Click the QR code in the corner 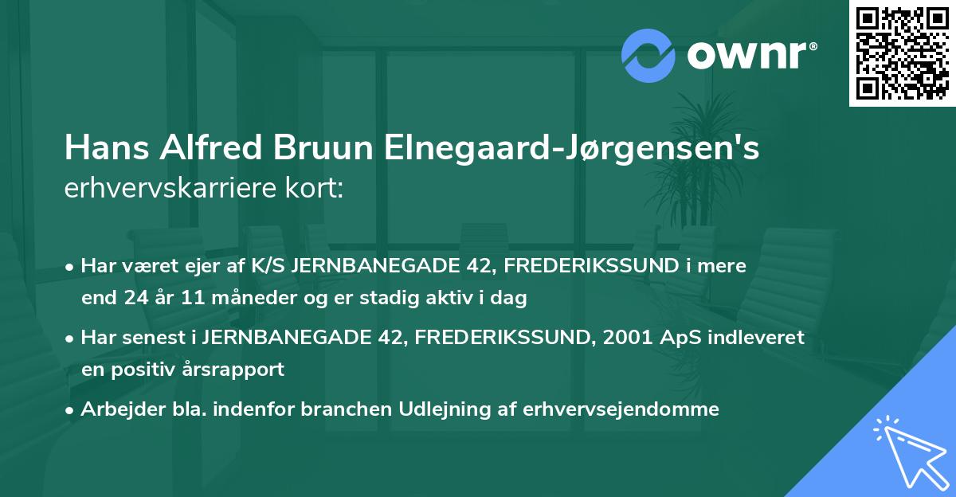902,53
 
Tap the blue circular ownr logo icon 648,55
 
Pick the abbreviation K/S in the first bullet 269,266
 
